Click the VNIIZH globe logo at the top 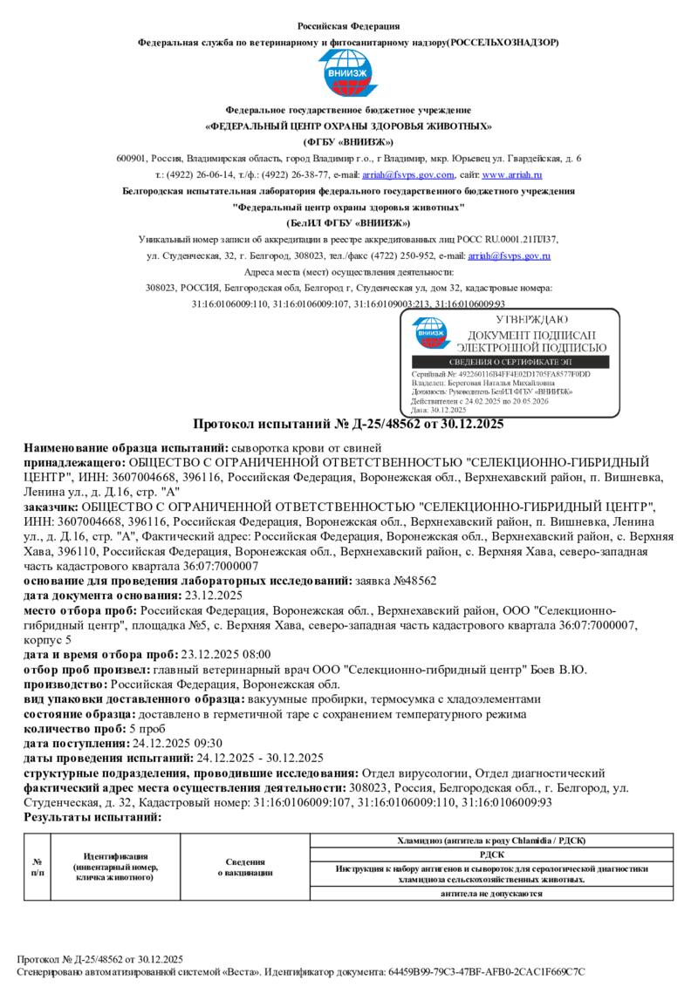[348, 74]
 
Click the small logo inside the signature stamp [430, 333]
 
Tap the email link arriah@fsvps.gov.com [398, 174]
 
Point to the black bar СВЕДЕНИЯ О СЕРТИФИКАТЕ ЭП [517, 362]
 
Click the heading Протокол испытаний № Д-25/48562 [348, 425]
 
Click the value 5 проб [147, 729]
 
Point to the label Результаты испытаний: [92, 818]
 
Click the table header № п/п [38, 867]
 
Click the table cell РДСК [492, 855]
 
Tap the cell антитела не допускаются [492, 894]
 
